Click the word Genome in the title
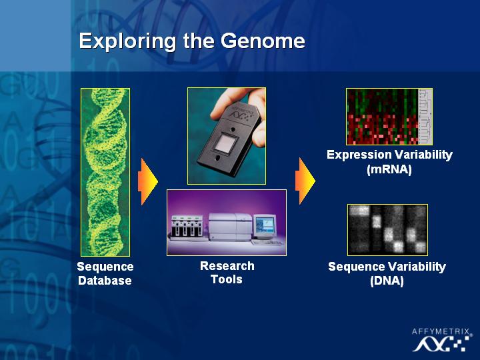pos(263,41)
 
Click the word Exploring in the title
pos(127,42)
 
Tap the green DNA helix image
pos(105,173)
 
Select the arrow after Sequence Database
pos(148,181)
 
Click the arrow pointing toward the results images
pos(305,181)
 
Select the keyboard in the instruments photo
pos(267,243)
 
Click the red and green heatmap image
pos(383,117)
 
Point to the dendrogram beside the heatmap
pos(425,117)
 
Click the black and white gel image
pos(387,229)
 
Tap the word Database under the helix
pos(105,281)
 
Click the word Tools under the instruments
pos(227,279)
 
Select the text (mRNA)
pos(389,169)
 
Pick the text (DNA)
pos(387,281)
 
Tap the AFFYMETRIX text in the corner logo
pos(441,331)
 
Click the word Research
pos(227,266)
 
